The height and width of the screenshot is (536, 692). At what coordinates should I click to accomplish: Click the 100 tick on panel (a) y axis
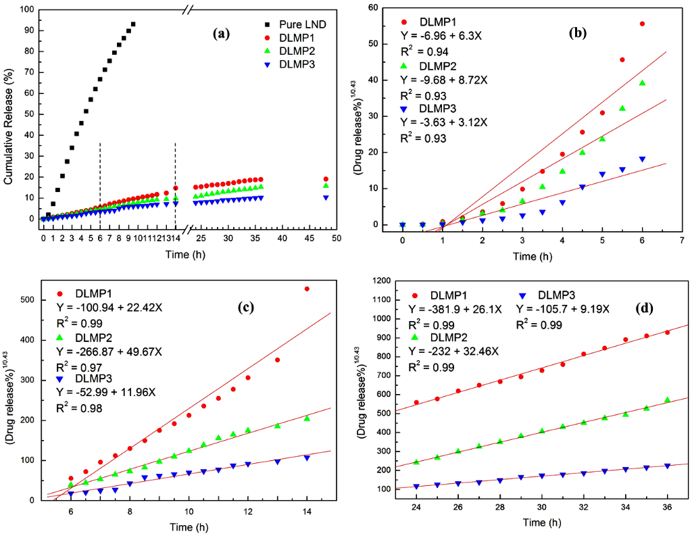click(27, 11)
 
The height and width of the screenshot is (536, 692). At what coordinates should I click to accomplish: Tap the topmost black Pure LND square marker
click(133, 24)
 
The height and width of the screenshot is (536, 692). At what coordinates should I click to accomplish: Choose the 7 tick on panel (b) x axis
click(682, 239)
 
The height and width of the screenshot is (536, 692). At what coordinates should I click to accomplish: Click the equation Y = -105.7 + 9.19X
click(563, 309)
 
